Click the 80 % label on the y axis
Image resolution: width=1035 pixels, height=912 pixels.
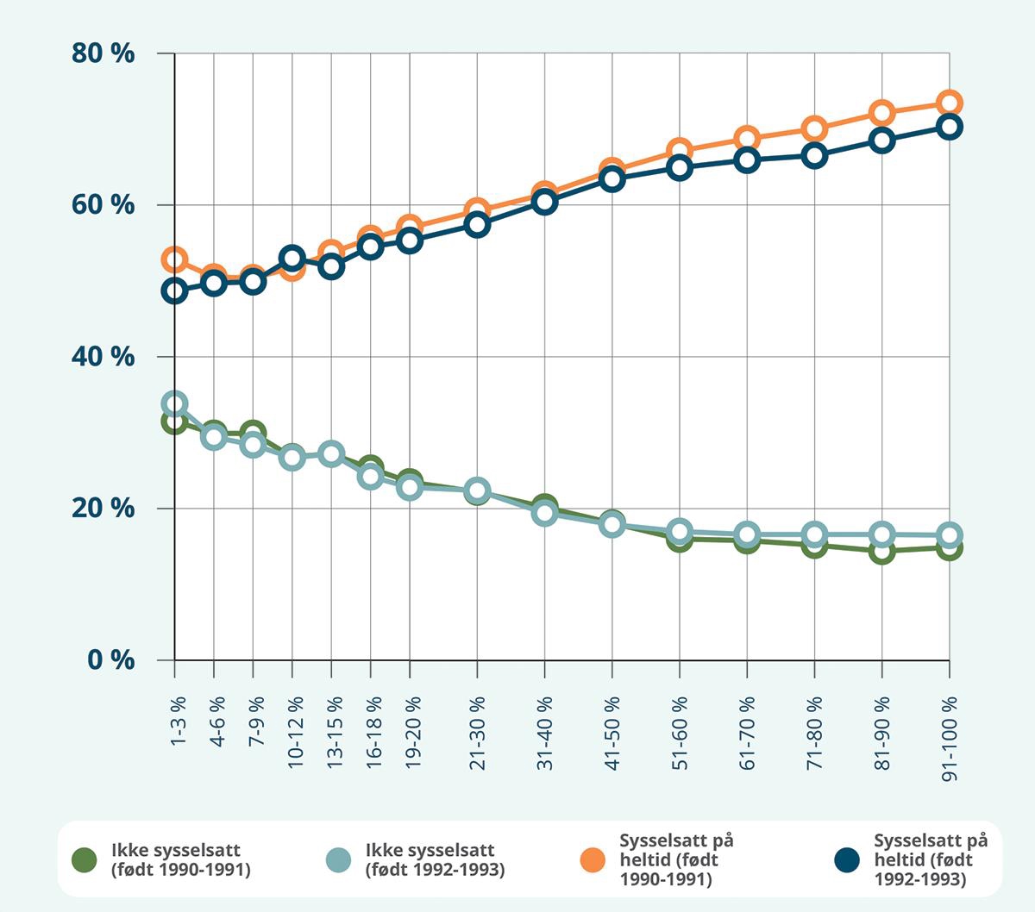click(x=103, y=53)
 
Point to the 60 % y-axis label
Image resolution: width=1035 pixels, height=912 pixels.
click(x=103, y=205)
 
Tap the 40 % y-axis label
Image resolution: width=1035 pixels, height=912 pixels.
click(x=103, y=357)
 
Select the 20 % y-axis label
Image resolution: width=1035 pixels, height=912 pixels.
click(x=103, y=509)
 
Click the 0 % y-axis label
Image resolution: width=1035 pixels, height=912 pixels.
click(x=110, y=660)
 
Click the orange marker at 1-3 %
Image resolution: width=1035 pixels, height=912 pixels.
click(x=175, y=259)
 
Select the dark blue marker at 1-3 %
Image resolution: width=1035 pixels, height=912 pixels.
click(x=175, y=290)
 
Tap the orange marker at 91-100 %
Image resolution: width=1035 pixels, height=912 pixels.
click(x=950, y=103)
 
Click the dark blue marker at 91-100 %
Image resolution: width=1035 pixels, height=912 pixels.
click(x=950, y=127)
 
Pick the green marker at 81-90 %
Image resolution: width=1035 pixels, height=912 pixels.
click(x=881, y=552)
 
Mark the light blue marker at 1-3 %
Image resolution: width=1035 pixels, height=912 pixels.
click(x=175, y=403)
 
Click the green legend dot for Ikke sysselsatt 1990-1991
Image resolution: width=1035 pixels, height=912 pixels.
click(x=84, y=859)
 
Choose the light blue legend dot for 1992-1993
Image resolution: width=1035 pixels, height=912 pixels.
click(x=338, y=859)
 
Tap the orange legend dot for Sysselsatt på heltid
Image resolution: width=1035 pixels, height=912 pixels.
click(x=593, y=859)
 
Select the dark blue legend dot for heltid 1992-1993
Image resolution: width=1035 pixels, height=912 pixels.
click(x=848, y=859)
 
